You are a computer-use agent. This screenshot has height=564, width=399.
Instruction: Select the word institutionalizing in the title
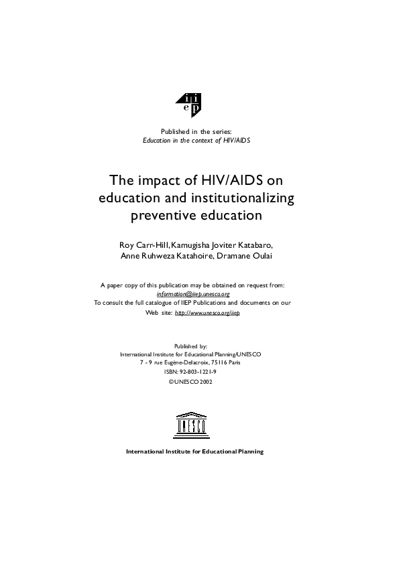[241, 198]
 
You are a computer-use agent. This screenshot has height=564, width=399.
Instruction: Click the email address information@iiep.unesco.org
[192, 293]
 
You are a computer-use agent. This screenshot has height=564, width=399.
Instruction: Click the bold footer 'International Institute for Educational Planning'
[195, 451]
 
